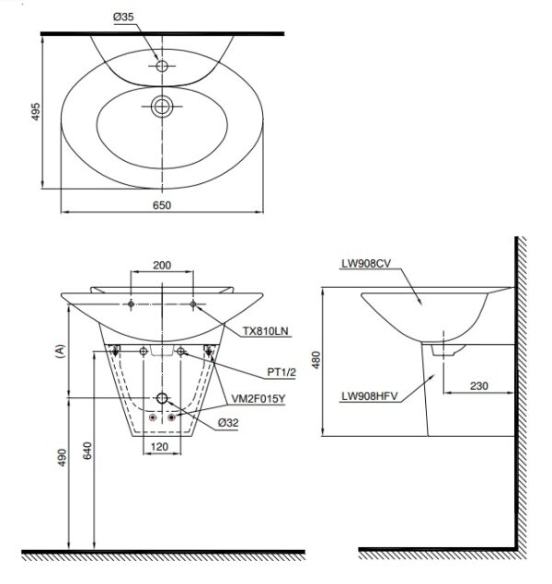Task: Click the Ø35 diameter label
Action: pyautogui.click(x=123, y=17)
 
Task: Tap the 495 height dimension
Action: pyautogui.click(x=35, y=111)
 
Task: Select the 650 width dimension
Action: pyautogui.click(x=162, y=205)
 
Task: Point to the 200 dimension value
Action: pyautogui.click(x=162, y=265)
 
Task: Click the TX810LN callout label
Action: pyautogui.click(x=266, y=331)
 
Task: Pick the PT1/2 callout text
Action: pyautogui.click(x=282, y=372)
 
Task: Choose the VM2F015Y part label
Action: pyautogui.click(x=259, y=399)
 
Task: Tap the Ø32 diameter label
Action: pyautogui.click(x=228, y=423)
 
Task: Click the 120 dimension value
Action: pyautogui.click(x=160, y=447)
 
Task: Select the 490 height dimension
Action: pyautogui.click(x=62, y=457)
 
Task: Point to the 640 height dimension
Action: pyautogui.click(x=87, y=451)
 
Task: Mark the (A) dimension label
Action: pyautogui.click(x=60, y=351)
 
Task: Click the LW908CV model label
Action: pyautogui.click(x=366, y=264)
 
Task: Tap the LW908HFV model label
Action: pyautogui.click(x=370, y=396)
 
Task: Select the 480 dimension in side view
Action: pyautogui.click(x=316, y=361)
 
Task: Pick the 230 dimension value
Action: pyautogui.click(x=479, y=386)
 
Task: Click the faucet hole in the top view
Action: pyautogui.click(x=162, y=66)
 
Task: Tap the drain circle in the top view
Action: pyautogui.click(x=162, y=107)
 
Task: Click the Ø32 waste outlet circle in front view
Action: pyautogui.click(x=162, y=398)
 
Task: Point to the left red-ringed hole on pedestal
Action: pyautogui.click(x=153, y=418)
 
